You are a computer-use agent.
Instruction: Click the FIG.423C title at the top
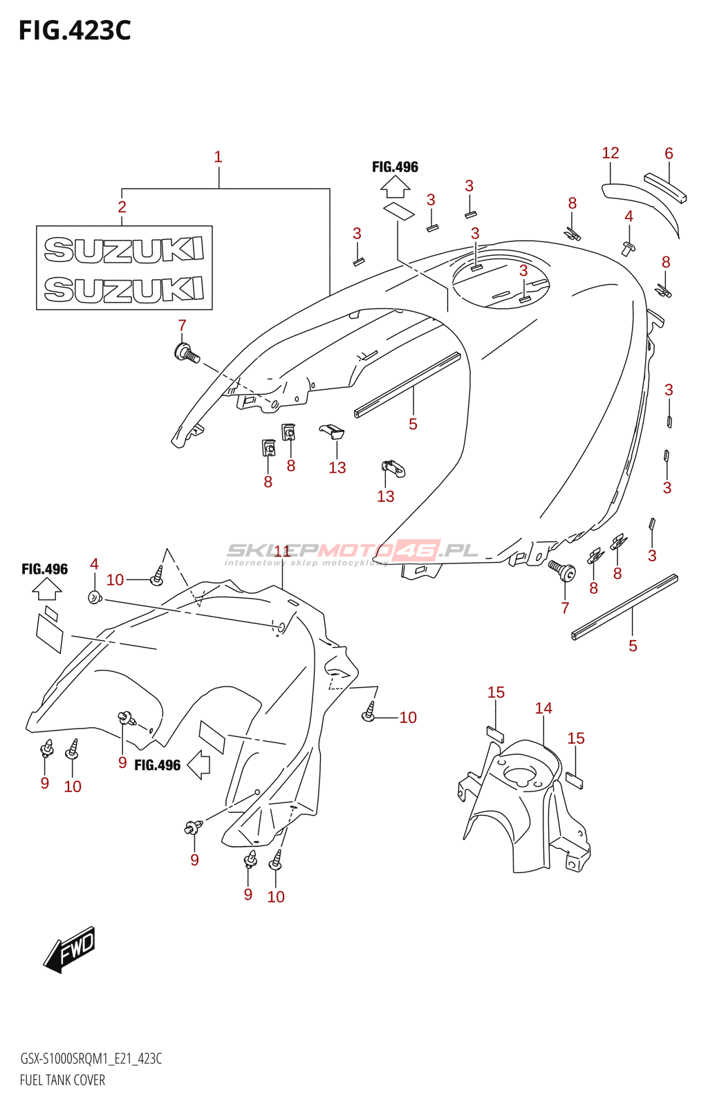coord(75,31)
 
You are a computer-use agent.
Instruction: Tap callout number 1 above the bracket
coord(218,158)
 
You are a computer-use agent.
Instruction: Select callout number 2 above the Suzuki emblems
coord(122,207)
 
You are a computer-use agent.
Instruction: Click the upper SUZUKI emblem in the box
coord(124,250)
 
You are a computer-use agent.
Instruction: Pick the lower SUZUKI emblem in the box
coord(124,289)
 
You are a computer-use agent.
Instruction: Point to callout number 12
coord(610,153)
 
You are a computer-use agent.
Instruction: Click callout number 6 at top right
coord(669,153)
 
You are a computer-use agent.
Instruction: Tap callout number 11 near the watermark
coord(282,551)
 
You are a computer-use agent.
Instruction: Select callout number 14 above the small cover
coord(543,709)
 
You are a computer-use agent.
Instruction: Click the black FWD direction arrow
coord(70,948)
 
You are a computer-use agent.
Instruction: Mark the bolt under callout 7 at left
coord(187,353)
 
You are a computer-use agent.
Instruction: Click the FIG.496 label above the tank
coord(395,167)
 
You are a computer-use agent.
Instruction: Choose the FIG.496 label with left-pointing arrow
coord(158,765)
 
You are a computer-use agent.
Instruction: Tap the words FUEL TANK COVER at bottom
coord(63,1080)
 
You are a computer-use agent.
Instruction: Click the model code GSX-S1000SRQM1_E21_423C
coord(91,1059)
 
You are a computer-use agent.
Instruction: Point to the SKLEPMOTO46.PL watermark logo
coord(353,551)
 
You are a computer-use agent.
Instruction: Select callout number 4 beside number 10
coord(94,565)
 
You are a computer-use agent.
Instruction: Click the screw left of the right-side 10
coord(370,713)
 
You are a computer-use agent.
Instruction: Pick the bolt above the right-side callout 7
coord(561,568)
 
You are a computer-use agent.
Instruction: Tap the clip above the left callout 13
coord(333,431)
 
